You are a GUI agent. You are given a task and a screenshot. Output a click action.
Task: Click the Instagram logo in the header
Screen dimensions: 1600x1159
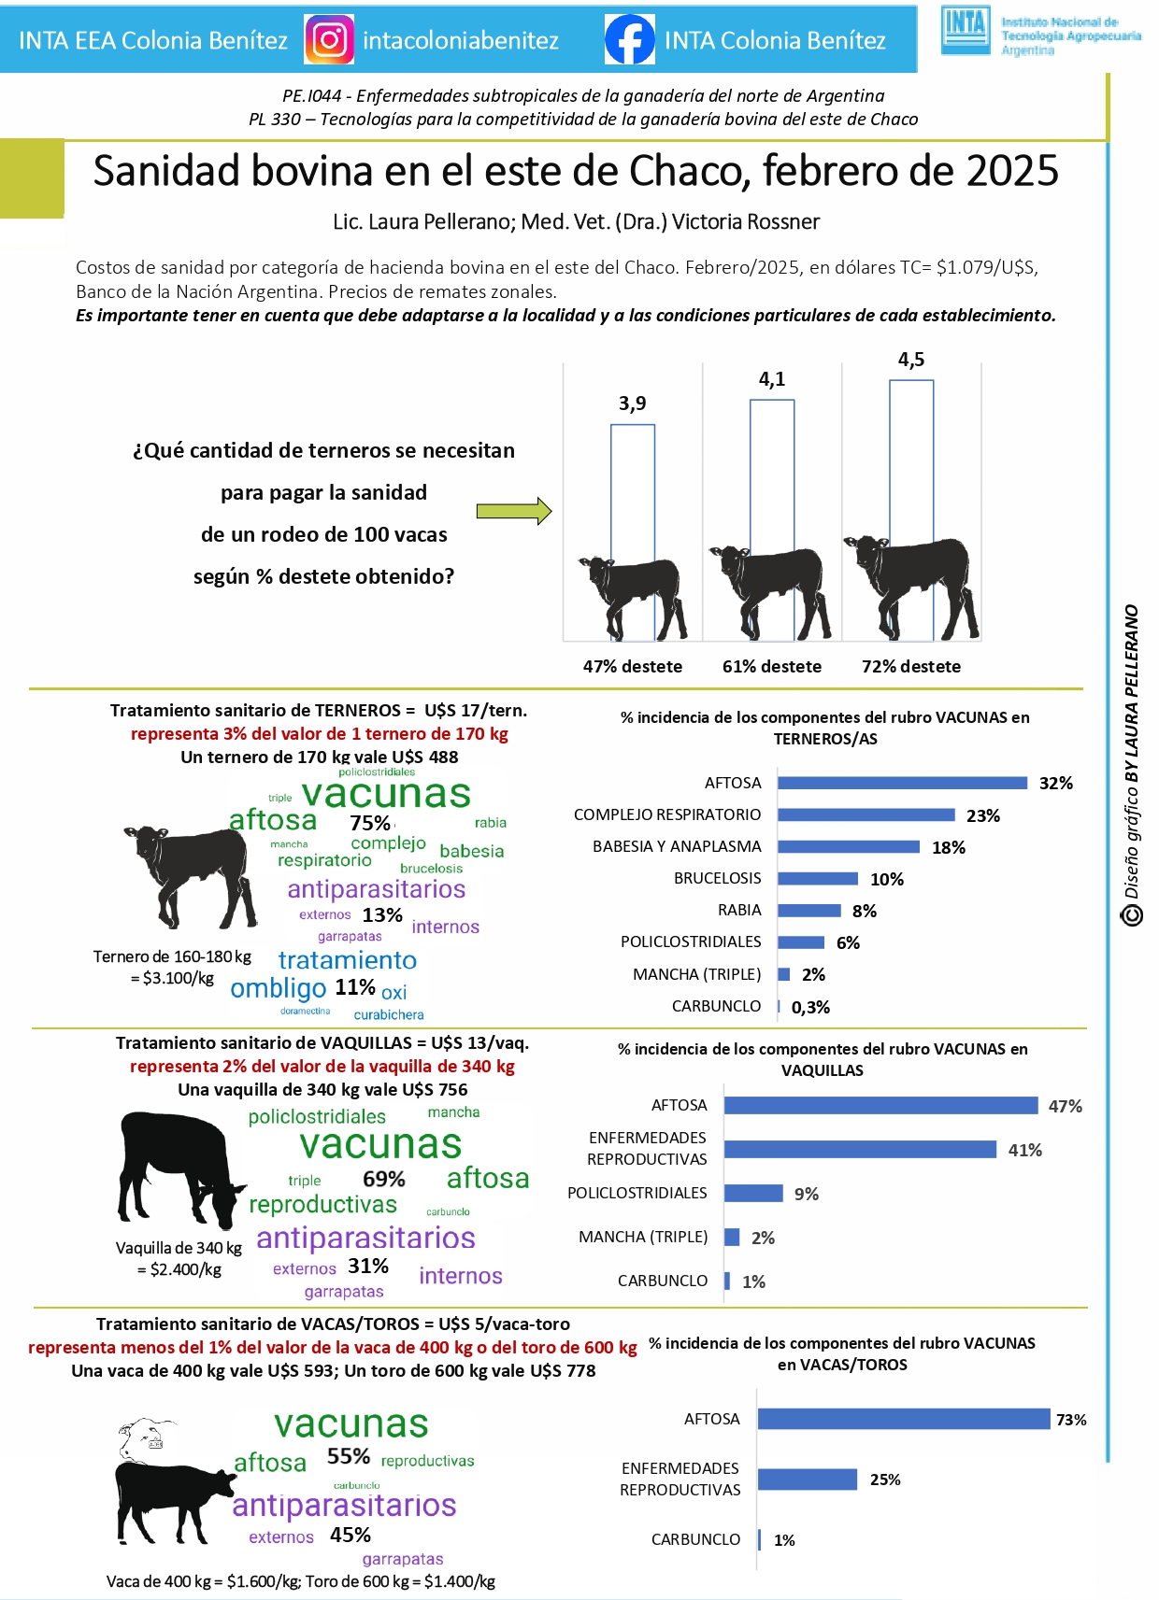pos(329,40)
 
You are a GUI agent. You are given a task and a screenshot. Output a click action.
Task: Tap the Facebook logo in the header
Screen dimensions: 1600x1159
pos(629,40)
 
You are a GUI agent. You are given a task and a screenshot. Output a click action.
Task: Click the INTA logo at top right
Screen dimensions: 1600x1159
pos(966,31)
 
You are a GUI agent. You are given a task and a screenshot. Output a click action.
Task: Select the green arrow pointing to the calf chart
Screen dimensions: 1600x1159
pos(514,511)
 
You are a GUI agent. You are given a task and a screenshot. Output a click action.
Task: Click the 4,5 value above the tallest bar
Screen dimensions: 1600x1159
pos(911,360)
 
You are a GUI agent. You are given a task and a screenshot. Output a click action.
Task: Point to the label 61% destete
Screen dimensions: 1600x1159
pos(772,667)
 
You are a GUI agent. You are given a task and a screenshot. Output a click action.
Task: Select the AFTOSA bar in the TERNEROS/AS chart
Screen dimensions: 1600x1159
pos(902,783)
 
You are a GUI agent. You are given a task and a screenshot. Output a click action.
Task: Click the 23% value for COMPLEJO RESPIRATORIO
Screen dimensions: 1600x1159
pos(983,815)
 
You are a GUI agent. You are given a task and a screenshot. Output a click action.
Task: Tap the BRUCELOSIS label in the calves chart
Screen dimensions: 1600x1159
pos(718,878)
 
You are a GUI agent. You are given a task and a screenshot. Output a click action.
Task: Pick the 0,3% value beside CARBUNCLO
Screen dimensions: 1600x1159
pos(810,1007)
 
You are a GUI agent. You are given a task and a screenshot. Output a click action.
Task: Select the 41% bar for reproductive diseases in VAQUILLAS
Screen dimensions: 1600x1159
pos(860,1149)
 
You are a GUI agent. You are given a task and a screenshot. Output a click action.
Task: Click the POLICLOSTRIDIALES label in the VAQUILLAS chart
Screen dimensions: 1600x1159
pos(637,1193)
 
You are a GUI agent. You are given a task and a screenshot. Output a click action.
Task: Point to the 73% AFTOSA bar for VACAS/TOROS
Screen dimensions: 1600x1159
pos(904,1419)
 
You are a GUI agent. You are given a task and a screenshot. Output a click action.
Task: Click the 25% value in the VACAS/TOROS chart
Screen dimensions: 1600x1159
pos(885,1480)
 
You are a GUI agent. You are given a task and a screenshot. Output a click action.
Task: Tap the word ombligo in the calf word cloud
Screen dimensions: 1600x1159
pos(279,988)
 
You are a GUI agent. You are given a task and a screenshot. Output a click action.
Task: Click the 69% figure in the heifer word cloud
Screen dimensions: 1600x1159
pos(384,1179)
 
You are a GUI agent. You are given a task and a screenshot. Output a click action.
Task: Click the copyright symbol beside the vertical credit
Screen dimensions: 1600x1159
pos(1132,914)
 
